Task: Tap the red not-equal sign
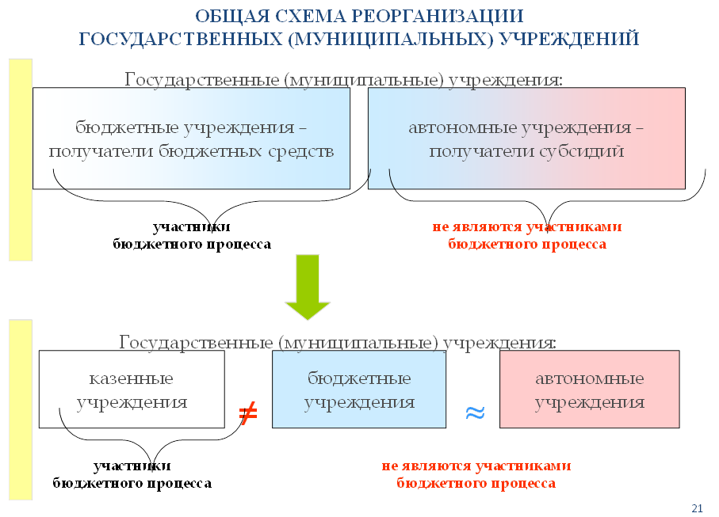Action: (248, 412)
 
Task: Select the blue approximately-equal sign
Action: (474, 412)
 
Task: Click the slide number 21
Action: (698, 507)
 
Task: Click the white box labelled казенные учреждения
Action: (132, 390)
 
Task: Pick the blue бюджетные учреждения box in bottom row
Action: (359, 390)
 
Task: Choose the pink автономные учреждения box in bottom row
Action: (589, 390)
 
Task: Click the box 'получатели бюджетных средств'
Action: (191, 138)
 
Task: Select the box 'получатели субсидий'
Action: (526, 138)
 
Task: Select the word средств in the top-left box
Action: (298, 150)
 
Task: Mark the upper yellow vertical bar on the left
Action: (20, 158)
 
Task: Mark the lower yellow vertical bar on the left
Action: (20, 410)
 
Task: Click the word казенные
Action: (132, 378)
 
